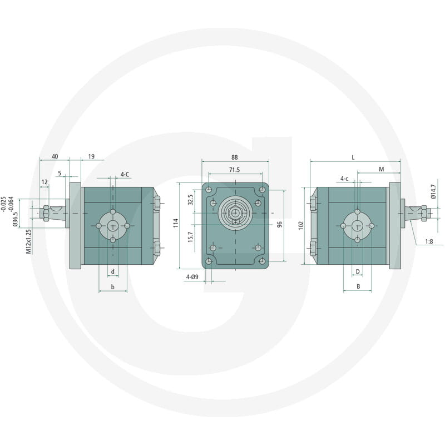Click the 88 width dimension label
point(234,157)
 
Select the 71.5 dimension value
point(234,170)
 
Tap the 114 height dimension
point(176,223)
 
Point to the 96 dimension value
point(280,224)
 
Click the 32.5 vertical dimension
point(190,200)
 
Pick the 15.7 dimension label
point(190,237)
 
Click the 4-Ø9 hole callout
point(192,276)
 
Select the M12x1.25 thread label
point(28,241)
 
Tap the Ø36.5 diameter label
point(16,220)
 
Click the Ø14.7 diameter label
point(433,191)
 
